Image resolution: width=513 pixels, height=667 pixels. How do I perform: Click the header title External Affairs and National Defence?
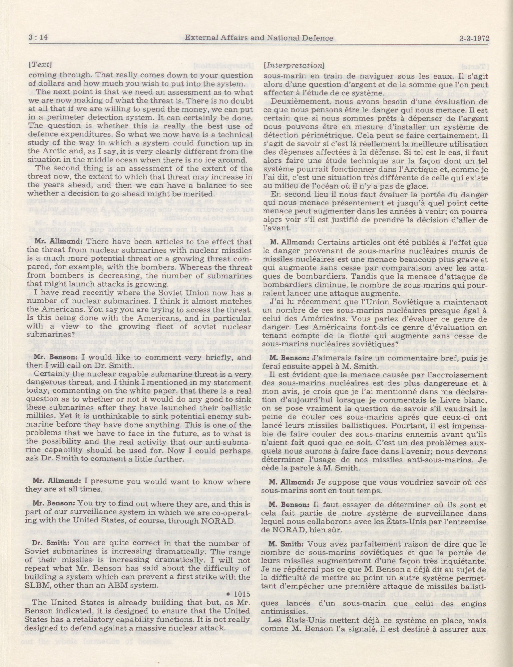tap(259, 38)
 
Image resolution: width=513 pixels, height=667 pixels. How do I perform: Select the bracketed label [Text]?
tap(40, 65)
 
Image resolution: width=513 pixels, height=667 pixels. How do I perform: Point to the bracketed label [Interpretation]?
tap(293, 65)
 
